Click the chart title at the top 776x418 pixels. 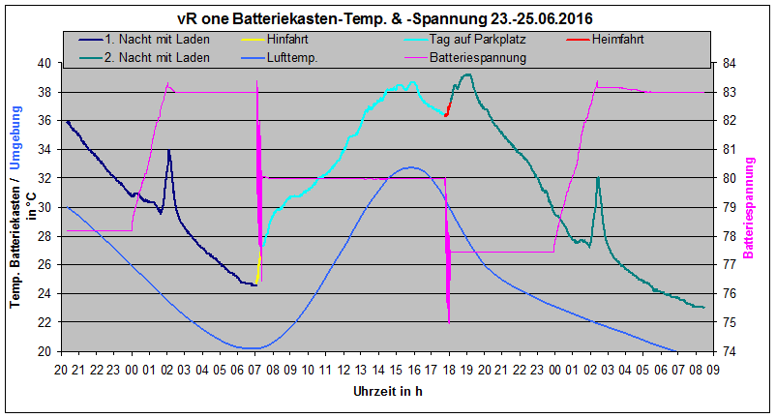coord(386,18)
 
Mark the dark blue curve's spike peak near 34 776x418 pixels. coord(168,150)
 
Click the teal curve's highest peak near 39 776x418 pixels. coord(468,74)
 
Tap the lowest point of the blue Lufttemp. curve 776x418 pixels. coord(253,348)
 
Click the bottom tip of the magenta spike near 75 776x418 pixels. coord(449,322)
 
